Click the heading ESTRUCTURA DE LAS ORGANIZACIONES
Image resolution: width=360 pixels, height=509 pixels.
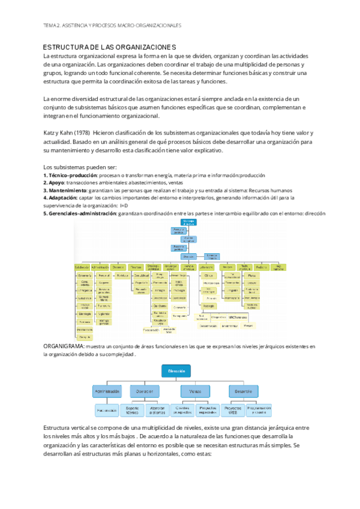pos(110,47)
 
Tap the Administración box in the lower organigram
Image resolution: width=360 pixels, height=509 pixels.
pos(107,391)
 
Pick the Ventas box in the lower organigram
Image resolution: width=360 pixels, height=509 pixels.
pos(195,391)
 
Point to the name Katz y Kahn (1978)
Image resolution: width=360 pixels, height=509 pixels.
pos(67,132)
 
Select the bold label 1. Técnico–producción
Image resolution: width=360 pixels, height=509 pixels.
pos(68,175)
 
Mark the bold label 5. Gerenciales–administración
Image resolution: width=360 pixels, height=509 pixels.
pos(80,212)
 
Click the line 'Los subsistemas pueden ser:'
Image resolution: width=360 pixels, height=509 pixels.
pos(80,166)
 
